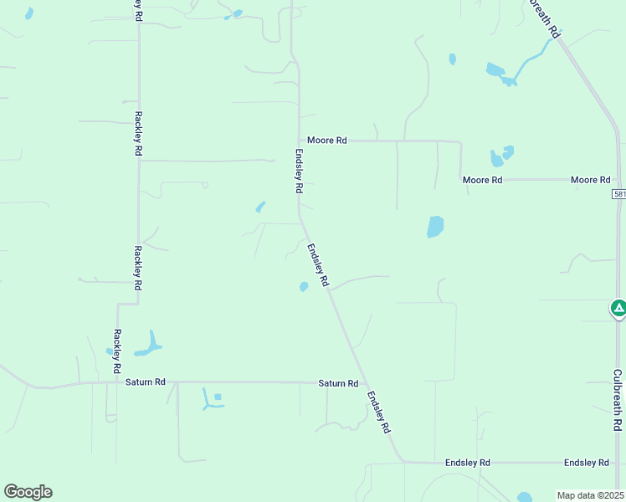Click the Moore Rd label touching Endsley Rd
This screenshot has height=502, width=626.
tap(326, 141)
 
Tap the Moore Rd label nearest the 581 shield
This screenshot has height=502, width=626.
tap(590, 180)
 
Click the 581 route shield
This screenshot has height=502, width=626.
tap(618, 194)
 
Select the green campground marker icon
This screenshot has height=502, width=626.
tap(618, 309)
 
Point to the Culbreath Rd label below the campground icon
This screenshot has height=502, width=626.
tap(617, 401)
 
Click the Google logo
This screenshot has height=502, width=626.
tap(28, 492)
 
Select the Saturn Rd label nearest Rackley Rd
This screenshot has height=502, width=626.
tap(146, 382)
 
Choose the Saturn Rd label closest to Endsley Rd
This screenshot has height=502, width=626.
tap(338, 383)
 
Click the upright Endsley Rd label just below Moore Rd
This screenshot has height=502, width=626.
tap(298, 172)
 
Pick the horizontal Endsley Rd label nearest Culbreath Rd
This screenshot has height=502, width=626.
tap(586, 463)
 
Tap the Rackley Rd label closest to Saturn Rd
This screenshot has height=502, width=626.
tap(117, 351)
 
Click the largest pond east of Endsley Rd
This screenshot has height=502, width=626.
tap(435, 227)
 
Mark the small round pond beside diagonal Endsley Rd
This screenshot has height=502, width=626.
tap(304, 287)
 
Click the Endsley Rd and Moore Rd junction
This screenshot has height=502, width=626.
tap(300, 141)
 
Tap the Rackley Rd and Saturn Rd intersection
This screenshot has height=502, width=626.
tap(116, 383)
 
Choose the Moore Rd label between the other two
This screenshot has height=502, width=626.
tap(482, 180)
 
